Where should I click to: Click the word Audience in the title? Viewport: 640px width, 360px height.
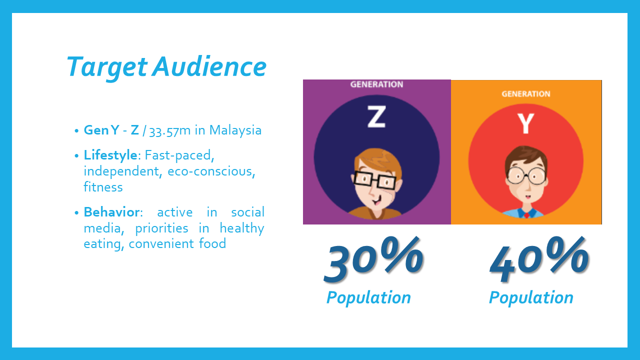click(209, 66)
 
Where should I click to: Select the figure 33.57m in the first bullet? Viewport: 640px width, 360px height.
click(170, 131)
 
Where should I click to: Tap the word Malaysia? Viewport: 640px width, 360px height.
click(235, 130)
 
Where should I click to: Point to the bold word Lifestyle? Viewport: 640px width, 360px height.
click(110, 155)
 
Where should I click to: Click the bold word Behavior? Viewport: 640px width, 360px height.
click(111, 212)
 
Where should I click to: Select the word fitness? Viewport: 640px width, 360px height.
click(103, 187)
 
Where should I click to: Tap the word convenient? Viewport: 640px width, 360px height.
click(160, 244)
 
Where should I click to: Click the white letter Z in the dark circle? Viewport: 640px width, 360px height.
click(376, 116)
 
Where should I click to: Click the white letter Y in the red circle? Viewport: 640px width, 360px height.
click(525, 123)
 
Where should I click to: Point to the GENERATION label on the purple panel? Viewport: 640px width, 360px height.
click(376, 84)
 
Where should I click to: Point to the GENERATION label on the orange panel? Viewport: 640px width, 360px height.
click(526, 94)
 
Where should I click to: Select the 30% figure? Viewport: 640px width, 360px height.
click(373, 259)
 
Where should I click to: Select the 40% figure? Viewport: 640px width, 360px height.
click(539, 259)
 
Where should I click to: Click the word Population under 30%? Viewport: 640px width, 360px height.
click(368, 298)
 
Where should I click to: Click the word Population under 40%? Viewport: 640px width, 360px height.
click(531, 298)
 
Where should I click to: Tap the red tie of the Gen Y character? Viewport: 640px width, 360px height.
click(526, 214)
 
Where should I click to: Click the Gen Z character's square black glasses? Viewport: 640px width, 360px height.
click(374, 180)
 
